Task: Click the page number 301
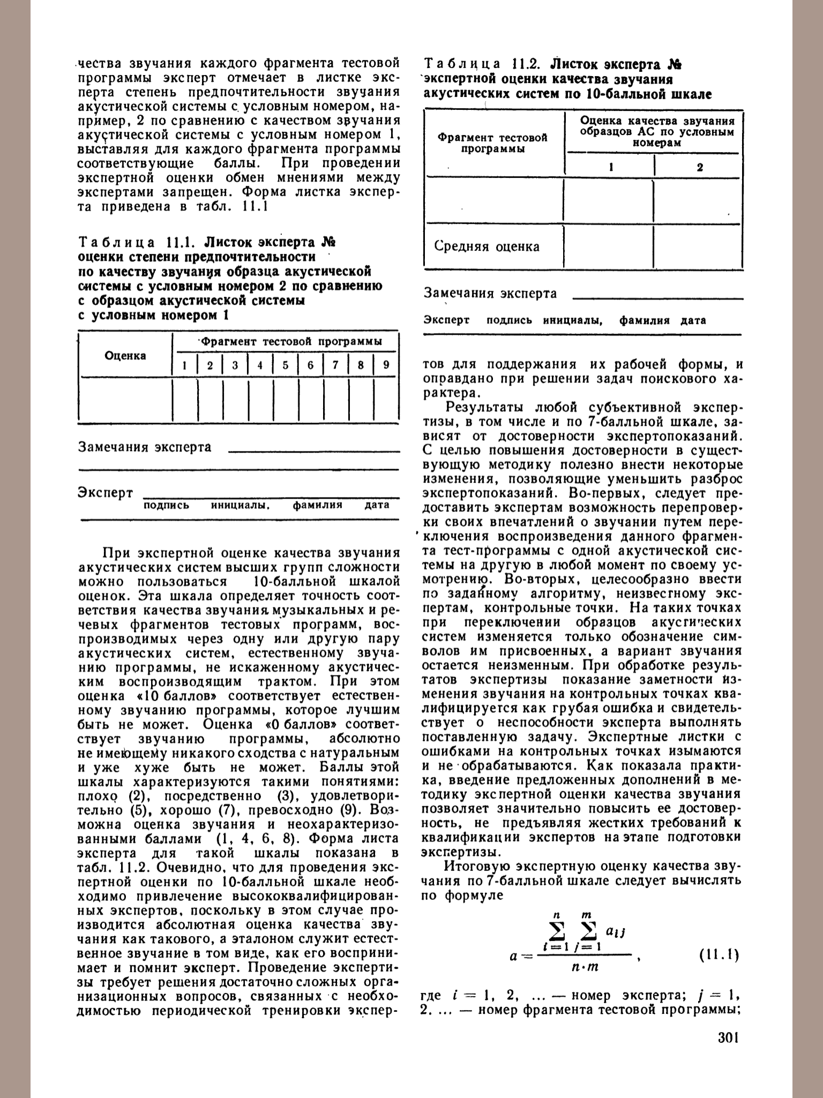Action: [728, 1052]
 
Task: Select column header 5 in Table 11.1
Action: [286, 366]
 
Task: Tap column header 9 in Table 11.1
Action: [386, 366]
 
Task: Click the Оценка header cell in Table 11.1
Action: [125, 355]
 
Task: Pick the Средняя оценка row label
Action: [487, 247]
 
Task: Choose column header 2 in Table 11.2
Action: [700, 167]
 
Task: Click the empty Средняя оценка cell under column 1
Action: [609, 247]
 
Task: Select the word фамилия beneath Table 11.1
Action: [317, 505]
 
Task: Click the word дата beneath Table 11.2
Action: [693, 321]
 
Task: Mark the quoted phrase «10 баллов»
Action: [176, 696]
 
